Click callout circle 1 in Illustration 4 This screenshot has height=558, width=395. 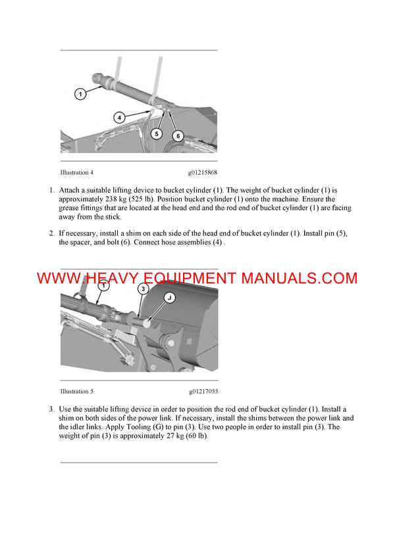(x=80, y=94)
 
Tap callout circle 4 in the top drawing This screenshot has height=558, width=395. (x=119, y=118)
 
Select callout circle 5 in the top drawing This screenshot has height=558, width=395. (x=156, y=133)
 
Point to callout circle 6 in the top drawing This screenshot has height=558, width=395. (x=177, y=135)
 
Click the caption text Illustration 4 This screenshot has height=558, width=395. (x=76, y=173)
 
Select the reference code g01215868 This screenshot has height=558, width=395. (x=202, y=173)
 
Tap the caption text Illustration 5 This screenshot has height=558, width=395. (x=76, y=392)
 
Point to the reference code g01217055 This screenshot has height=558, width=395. (x=202, y=392)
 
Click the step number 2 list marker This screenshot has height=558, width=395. (x=51, y=233)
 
